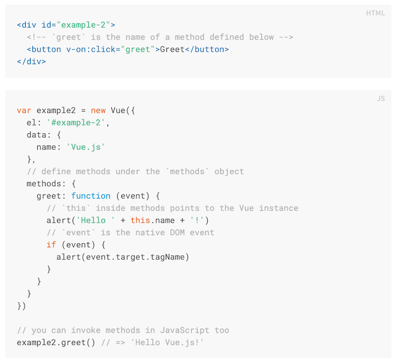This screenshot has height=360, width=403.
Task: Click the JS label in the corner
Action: tap(381, 98)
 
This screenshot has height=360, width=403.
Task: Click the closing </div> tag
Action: tap(31, 61)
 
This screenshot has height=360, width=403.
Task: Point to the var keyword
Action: tap(24, 110)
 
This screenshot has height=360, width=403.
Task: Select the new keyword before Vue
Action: tap(98, 110)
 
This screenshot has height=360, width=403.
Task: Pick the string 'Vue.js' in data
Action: tap(86, 147)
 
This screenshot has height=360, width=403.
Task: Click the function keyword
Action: tap(91, 196)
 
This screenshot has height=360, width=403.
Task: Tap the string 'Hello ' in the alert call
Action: tap(95, 220)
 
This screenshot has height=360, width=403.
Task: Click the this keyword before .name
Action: tap(140, 220)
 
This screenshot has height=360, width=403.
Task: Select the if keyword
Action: tap(51, 245)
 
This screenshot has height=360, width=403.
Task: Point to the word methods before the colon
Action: tap(44, 184)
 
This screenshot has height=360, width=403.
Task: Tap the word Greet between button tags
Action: tap(172, 49)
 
